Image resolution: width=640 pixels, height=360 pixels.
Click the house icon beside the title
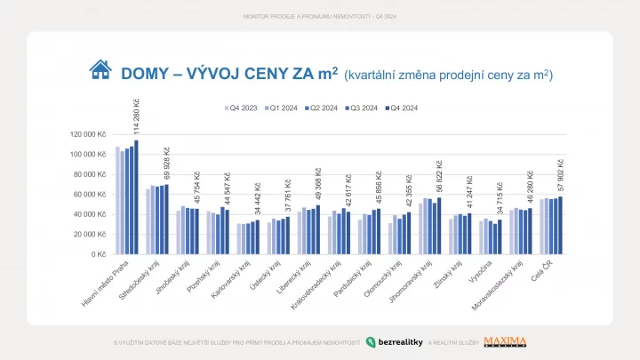click(100, 70)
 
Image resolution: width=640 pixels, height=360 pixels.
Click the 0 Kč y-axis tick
click(98, 253)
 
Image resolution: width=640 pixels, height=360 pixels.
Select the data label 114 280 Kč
click(137, 113)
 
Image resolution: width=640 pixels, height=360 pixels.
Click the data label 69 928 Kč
click(167, 164)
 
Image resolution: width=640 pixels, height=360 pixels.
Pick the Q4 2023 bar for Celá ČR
click(541, 226)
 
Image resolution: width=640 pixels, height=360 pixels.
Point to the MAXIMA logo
click(505, 341)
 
